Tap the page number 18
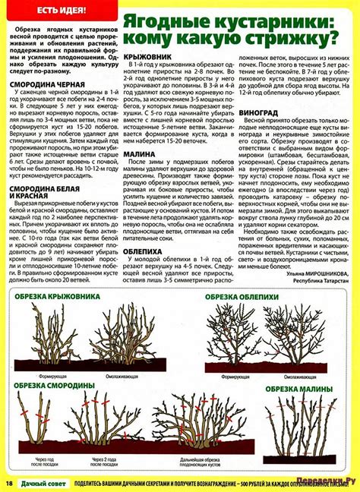[x=10, y=483]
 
